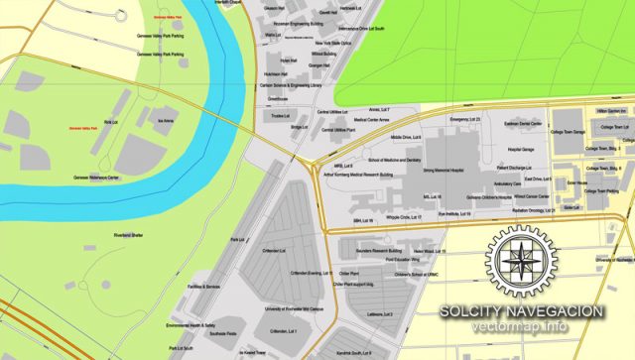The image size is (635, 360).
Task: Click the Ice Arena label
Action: coord(168,120)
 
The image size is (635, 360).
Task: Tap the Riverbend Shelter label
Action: coord(130,234)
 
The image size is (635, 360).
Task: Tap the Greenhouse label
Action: coord(277,99)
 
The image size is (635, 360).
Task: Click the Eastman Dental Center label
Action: coord(523,123)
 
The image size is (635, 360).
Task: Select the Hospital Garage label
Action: coord(521,149)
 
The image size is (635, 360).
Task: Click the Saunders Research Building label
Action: coord(381,251)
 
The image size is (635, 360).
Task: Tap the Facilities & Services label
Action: coord(204,287)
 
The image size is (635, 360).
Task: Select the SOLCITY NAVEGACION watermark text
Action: coord(523,311)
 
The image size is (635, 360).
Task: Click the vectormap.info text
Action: coord(523,327)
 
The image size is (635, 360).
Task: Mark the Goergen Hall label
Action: coord(291,65)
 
